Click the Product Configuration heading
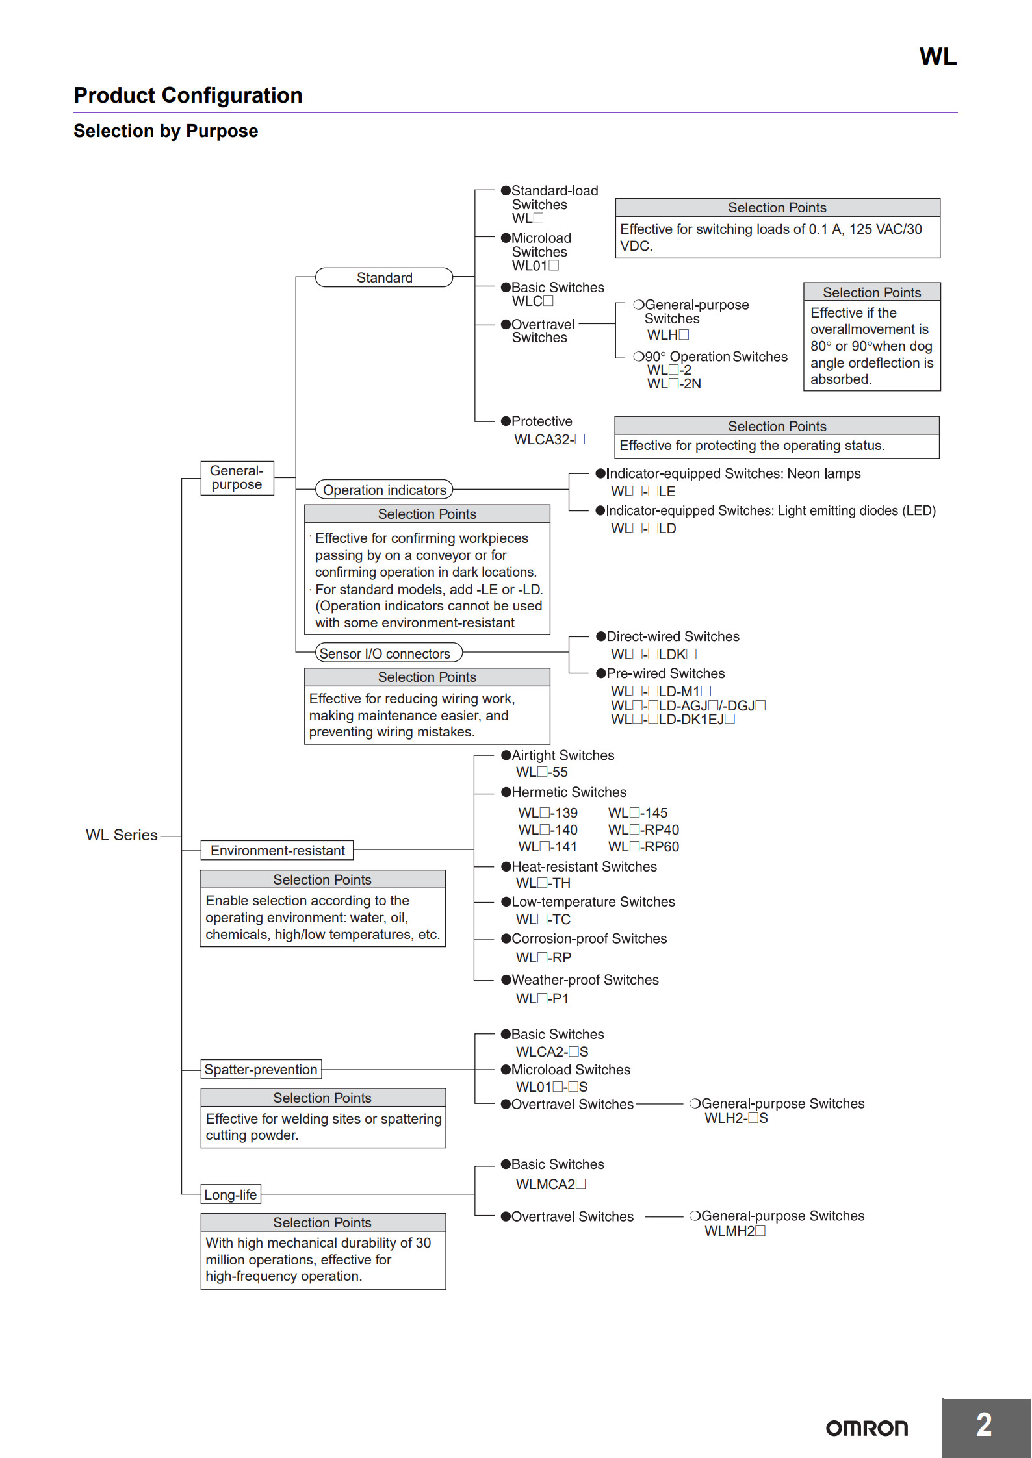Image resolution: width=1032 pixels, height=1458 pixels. (x=188, y=95)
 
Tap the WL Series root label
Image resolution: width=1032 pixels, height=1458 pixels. (x=122, y=835)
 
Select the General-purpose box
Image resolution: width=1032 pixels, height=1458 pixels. (x=237, y=478)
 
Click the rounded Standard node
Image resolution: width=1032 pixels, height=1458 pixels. (x=384, y=277)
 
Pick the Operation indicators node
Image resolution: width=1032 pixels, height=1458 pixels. (x=384, y=490)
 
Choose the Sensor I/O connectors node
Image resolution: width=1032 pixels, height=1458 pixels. (x=388, y=653)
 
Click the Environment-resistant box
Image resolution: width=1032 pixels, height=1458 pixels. (x=277, y=850)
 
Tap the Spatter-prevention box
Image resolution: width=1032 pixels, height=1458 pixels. (x=261, y=1069)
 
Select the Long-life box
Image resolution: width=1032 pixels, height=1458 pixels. (x=230, y=1194)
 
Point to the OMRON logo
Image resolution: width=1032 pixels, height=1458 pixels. (x=866, y=1428)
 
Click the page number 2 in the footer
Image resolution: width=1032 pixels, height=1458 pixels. (x=984, y=1426)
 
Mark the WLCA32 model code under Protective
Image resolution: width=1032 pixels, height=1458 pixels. (x=549, y=440)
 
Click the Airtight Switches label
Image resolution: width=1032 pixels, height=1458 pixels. (x=563, y=755)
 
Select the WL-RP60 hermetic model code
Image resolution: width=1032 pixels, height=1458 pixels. (x=643, y=847)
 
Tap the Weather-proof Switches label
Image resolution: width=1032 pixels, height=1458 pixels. (x=585, y=980)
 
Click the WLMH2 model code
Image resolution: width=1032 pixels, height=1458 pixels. (x=735, y=1231)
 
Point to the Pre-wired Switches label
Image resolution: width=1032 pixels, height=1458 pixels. (x=665, y=673)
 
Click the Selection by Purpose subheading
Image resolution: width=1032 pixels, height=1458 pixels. (x=166, y=131)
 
